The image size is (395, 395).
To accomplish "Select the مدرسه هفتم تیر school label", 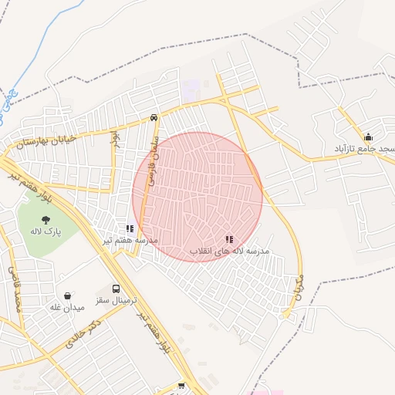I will (130, 240).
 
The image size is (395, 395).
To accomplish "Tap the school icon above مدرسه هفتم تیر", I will (130, 228).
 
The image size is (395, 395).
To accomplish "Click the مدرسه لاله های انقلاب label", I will (229, 252).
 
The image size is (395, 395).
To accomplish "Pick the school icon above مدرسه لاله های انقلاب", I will (229, 240).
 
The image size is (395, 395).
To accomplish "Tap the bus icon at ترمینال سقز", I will (116, 289).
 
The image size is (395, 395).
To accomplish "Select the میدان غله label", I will (66, 308).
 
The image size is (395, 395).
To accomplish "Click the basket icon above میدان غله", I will (68, 295).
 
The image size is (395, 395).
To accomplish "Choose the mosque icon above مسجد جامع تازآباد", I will (368, 137).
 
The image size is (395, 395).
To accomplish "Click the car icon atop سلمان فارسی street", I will (154, 117).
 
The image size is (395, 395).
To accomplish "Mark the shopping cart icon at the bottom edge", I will (181, 386).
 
